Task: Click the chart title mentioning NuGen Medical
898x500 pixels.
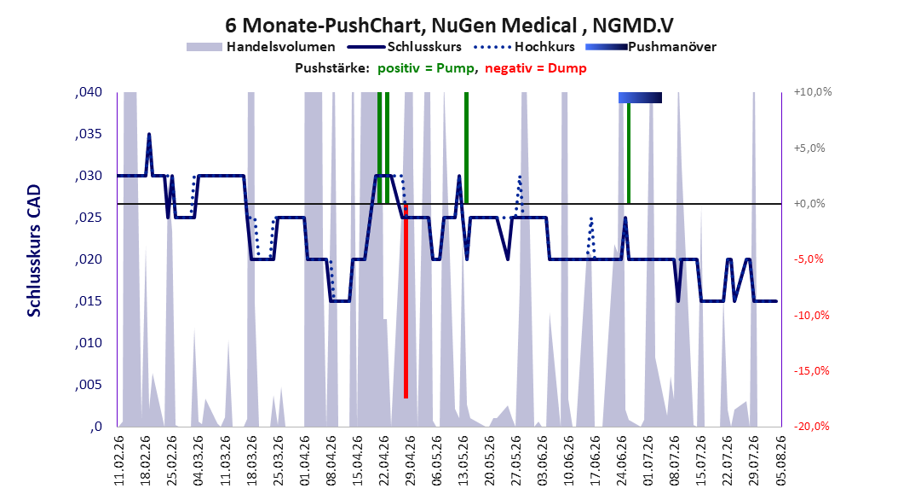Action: click(449, 26)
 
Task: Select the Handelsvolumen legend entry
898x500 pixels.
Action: click(262, 47)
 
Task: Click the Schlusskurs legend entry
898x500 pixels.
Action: click(405, 47)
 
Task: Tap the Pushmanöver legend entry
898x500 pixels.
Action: click(651, 47)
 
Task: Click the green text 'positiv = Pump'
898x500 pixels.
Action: click(425, 68)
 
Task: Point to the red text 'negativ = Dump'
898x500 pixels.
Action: click(536, 68)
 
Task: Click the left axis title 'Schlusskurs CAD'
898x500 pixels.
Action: click(34, 251)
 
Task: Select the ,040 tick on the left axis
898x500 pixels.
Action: click(89, 92)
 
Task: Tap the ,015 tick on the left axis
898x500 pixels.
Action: click(89, 301)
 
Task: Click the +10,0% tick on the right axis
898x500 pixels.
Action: click(813, 92)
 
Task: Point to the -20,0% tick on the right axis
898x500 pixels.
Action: click(811, 426)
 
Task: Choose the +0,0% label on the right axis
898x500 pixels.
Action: click(809, 204)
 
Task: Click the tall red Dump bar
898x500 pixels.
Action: click(406, 300)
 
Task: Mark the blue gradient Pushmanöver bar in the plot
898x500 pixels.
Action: click(641, 98)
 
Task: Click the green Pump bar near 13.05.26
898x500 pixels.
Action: click(466, 148)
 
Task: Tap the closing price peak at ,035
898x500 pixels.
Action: click(149, 134)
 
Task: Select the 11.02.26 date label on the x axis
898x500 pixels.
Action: click(119, 461)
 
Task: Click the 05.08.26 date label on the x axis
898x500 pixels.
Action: click(781, 461)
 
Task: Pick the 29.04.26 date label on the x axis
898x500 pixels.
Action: click(410, 461)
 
